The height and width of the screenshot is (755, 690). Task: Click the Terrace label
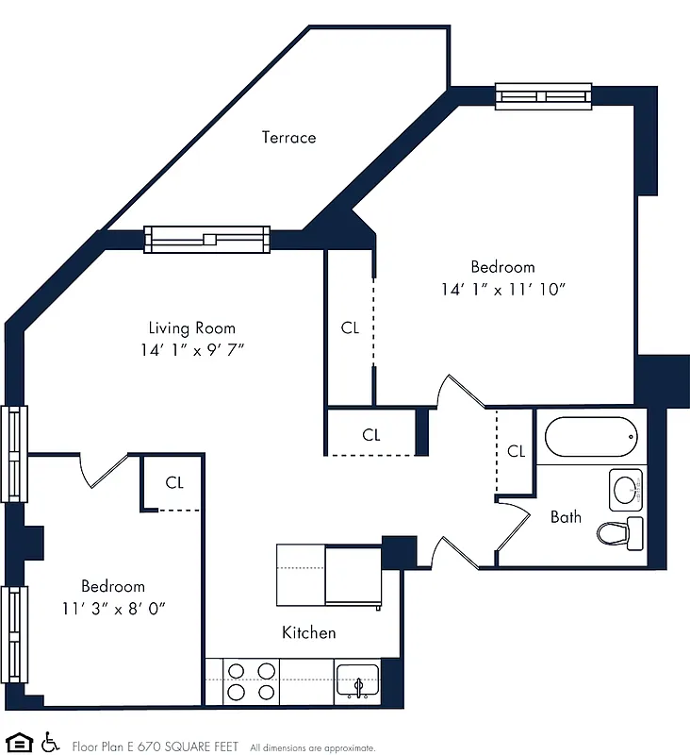(x=288, y=138)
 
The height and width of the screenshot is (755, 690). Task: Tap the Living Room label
(x=192, y=328)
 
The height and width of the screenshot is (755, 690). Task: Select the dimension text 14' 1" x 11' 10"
(x=502, y=290)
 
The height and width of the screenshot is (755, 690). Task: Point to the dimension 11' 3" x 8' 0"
(x=112, y=609)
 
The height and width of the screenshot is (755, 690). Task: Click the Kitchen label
(x=309, y=632)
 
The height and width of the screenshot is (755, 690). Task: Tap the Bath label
(x=566, y=517)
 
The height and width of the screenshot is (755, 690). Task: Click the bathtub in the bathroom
(x=591, y=437)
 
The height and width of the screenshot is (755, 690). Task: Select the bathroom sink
(x=625, y=490)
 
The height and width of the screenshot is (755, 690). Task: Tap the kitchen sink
(x=357, y=680)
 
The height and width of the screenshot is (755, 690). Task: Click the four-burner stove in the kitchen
(x=251, y=681)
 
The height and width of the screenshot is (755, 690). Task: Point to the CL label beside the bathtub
(x=516, y=451)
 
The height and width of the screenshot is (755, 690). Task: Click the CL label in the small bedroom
(x=174, y=482)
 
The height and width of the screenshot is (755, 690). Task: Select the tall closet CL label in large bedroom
(x=350, y=328)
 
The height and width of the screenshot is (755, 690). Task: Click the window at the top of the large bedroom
(x=544, y=95)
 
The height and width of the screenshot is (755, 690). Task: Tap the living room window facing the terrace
(x=206, y=240)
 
